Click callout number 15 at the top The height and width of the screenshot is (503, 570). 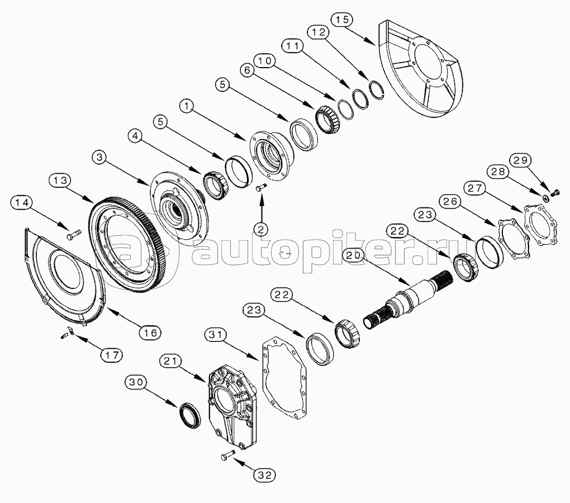[x=342, y=20]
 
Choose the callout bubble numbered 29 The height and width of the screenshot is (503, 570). [x=521, y=160]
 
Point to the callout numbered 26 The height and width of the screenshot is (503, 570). [x=452, y=201]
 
